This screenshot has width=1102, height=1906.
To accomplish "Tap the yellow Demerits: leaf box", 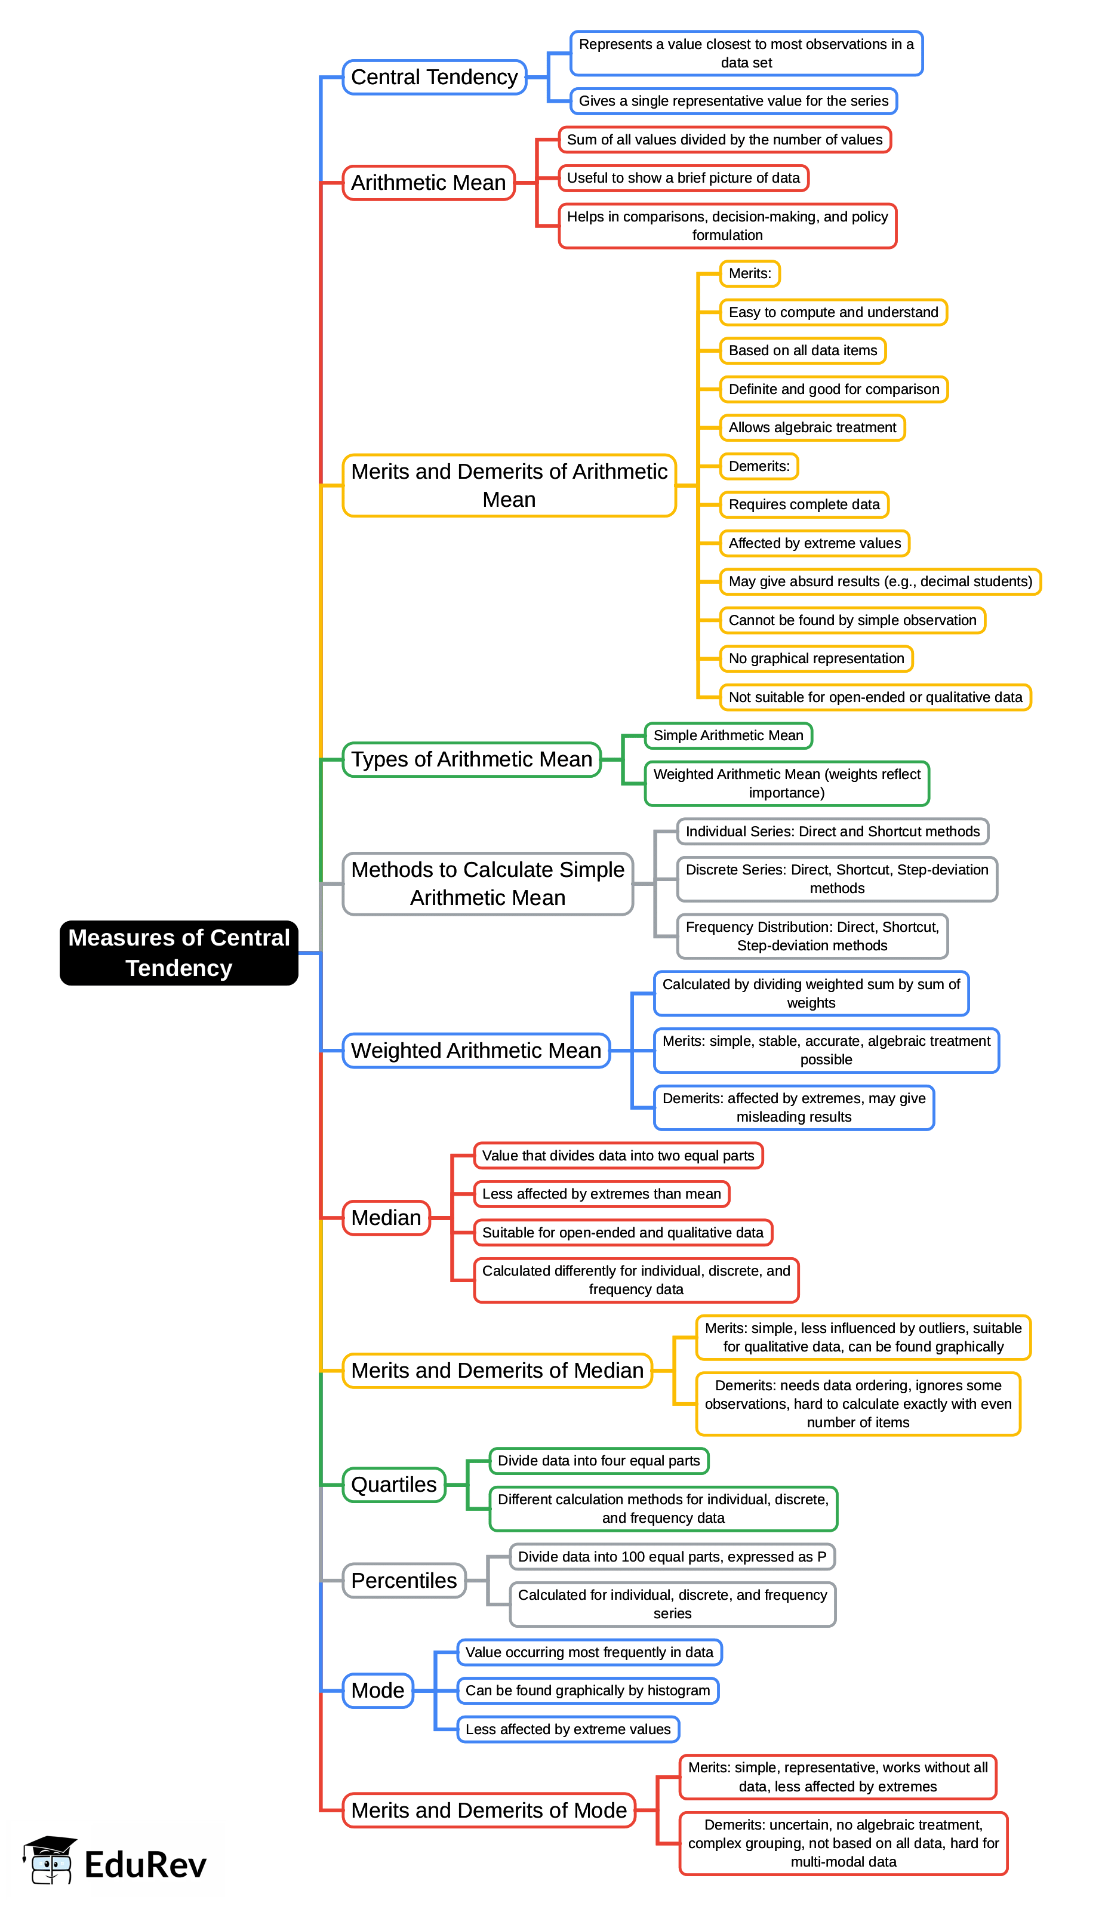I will coord(759,466).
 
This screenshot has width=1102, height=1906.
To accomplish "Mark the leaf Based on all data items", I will coord(802,350).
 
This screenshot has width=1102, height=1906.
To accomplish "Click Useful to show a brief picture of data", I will coord(683,178).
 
